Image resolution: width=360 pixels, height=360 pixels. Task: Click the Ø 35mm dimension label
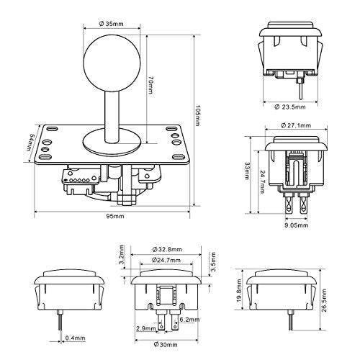(111, 24)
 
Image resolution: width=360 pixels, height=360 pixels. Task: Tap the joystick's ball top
(112, 63)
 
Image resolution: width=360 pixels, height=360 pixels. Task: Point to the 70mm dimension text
(150, 85)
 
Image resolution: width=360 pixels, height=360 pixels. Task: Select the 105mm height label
(197, 115)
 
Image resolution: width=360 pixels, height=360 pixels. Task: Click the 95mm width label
(115, 216)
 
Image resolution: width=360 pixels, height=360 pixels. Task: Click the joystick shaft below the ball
(112, 117)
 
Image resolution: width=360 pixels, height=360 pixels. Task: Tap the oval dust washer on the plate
(112, 142)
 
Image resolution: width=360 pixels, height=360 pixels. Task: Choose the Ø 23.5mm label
(290, 107)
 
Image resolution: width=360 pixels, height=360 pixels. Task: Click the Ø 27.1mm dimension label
(296, 125)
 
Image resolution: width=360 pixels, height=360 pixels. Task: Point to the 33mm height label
(247, 171)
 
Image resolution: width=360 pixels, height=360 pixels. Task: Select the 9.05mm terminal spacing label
(296, 225)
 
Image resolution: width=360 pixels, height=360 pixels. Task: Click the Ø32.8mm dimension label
(167, 249)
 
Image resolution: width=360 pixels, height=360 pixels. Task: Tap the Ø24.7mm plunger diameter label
(166, 260)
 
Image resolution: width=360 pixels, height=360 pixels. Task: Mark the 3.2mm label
(122, 254)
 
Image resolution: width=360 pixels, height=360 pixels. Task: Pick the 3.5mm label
(212, 261)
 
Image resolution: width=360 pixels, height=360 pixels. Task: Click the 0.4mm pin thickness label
(76, 338)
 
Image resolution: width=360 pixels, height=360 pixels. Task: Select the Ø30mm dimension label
(166, 345)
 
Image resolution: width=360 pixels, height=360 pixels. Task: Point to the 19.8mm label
(239, 290)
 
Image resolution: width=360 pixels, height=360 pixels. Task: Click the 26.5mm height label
(324, 300)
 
